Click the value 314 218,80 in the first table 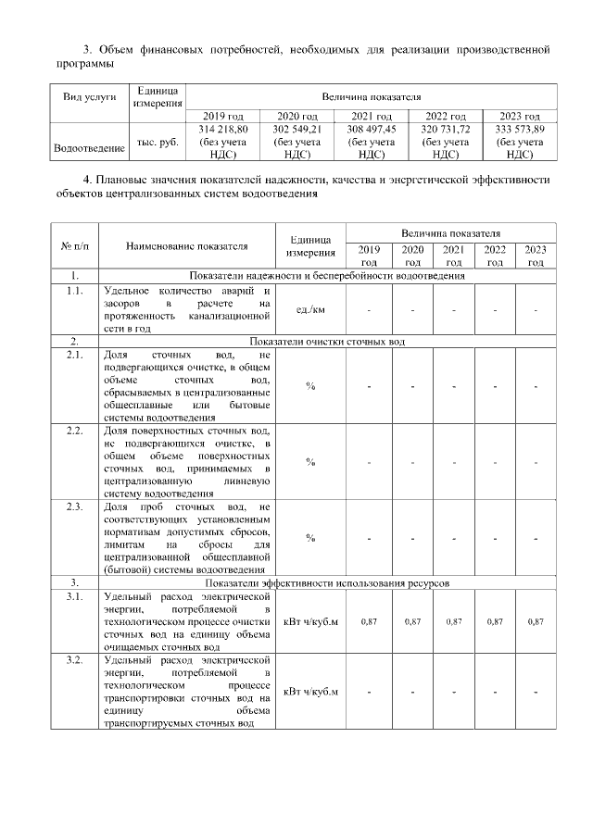point(222,130)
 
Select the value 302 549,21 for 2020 point(296,130)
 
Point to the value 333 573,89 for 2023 point(520,130)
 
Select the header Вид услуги point(90,97)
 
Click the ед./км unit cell point(310,309)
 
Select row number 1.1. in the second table point(75,290)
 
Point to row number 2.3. point(75,507)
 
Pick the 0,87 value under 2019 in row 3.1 point(368,621)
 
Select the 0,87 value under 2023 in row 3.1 point(535,621)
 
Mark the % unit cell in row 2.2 point(310,461)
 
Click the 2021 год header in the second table point(453,256)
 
